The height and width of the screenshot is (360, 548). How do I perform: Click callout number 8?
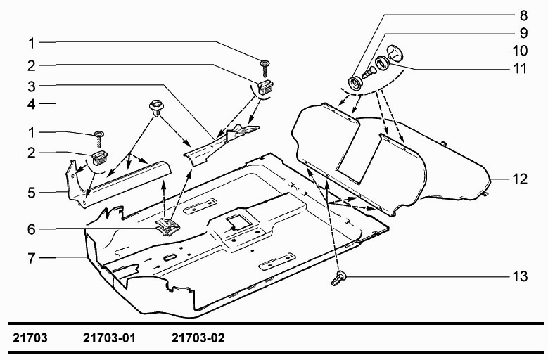pos(523,15)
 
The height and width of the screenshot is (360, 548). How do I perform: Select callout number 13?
pos(520,276)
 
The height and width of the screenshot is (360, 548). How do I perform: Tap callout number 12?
pos(520,179)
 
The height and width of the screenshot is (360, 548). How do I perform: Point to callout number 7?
pos(32,258)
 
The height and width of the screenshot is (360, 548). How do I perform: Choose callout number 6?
pos(32,229)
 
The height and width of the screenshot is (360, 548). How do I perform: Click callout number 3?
pos(32,86)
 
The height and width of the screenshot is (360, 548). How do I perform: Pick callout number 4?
pos(32,104)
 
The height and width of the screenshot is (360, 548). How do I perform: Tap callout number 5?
pos(32,193)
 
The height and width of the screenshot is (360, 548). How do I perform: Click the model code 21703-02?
pos(198,338)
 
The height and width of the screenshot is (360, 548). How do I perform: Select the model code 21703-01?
pos(109,338)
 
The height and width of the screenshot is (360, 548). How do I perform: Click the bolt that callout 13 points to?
pos(338,279)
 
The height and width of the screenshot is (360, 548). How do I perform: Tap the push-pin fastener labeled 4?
pos(157,108)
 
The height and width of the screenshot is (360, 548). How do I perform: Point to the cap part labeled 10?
pos(395,53)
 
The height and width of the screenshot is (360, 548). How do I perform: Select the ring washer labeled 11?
pos(382,63)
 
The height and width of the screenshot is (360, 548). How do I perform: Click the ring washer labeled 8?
pos(356,84)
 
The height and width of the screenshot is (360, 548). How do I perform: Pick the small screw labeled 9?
pos(369,73)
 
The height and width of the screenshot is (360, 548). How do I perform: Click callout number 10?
pos(520,51)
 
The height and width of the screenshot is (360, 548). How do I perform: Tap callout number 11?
pos(520,68)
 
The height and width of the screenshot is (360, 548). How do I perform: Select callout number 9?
pos(523,33)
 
